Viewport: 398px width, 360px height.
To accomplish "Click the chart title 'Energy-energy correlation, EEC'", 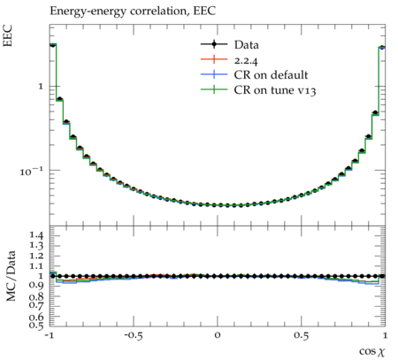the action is [133, 11].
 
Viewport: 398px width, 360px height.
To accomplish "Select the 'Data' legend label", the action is [247, 45].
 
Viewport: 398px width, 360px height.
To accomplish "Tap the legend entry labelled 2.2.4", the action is [246, 61].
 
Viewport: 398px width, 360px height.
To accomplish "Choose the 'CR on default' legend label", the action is [271, 75].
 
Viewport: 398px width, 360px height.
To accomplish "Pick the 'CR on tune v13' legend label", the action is [275, 90].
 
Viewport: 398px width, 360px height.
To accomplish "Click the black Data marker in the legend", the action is [214, 44].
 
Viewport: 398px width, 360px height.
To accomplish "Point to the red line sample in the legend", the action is [214, 59].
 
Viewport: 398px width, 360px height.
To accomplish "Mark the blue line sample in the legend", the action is [214, 74].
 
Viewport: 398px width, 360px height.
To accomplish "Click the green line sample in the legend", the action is [214, 89].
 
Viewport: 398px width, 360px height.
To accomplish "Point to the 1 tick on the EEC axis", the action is [41, 87].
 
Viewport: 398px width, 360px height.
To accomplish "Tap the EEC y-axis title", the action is [8, 35].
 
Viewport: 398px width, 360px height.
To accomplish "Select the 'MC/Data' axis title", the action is [11, 276].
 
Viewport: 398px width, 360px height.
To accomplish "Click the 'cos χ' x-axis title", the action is [372, 351].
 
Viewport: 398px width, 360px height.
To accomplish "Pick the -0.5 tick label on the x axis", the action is [133, 335].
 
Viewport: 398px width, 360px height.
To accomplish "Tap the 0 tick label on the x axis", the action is [218, 335].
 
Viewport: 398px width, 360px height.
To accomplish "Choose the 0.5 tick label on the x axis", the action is [302, 335].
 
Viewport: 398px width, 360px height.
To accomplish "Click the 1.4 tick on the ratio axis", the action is [36, 235].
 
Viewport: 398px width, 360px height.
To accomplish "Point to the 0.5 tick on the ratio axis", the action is [36, 325].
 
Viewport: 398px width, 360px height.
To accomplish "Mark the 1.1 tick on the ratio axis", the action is [36, 266].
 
